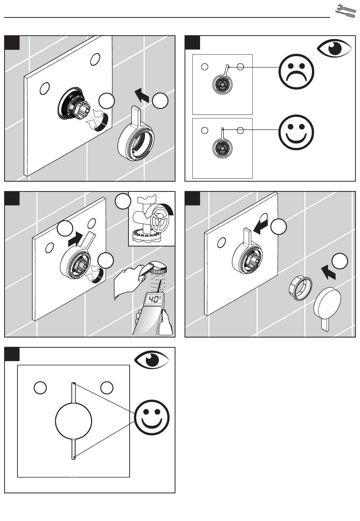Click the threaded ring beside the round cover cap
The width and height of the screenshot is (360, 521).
301,288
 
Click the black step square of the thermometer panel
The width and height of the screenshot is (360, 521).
12,198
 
